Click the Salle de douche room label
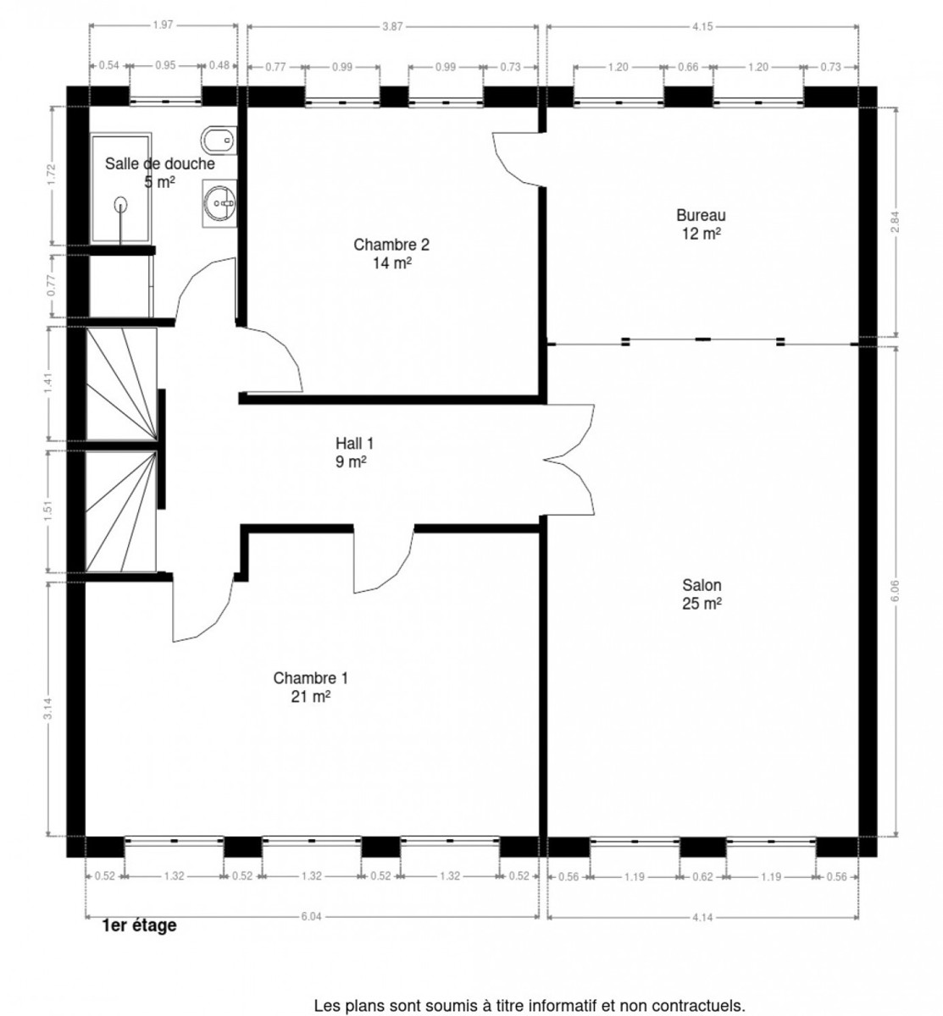click(x=160, y=173)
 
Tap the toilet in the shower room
click(x=219, y=140)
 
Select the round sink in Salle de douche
click(x=220, y=203)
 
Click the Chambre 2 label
click(x=391, y=253)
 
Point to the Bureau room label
click(x=701, y=224)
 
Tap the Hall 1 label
click(x=354, y=452)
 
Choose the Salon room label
click(x=702, y=594)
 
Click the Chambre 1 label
click(x=310, y=687)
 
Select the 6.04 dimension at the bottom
click(x=311, y=916)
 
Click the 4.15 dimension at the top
click(x=702, y=26)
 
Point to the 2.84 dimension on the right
click(x=895, y=222)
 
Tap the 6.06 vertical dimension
click(x=895, y=591)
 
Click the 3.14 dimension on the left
click(x=47, y=709)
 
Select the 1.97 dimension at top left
click(x=163, y=25)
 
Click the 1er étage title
click(x=139, y=925)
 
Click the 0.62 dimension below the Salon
click(x=702, y=877)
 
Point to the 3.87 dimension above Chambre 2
click(x=392, y=26)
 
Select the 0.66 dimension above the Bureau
click(x=687, y=67)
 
